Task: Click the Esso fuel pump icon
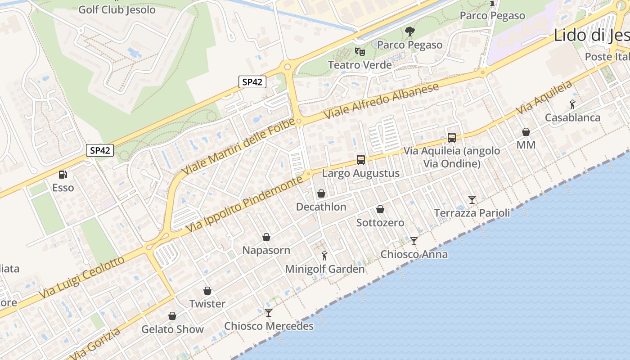click(x=63, y=175)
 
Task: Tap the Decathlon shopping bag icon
click(x=321, y=194)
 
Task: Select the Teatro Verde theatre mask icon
click(x=359, y=51)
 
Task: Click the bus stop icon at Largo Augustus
click(x=361, y=159)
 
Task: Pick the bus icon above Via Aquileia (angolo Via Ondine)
click(x=452, y=138)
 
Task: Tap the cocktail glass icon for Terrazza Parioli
click(x=472, y=199)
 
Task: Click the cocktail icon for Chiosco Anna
click(x=414, y=241)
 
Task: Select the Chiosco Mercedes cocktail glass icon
click(x=269, y=312)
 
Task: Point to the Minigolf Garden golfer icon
click(x=324, y=256)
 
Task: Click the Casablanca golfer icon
click(x=572, y=104)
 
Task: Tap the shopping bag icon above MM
click(x=526, y=132)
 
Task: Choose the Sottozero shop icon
click(x=380, y=209)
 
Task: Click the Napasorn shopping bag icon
click(x=266, y=237)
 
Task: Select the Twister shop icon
click(x=207, y=291)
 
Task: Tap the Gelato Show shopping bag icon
click(x=172, y=316)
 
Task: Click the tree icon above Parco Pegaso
click(x=409, y=31)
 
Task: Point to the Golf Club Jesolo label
click(x=117, y=10)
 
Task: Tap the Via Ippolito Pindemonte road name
click(x=244, y=205)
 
